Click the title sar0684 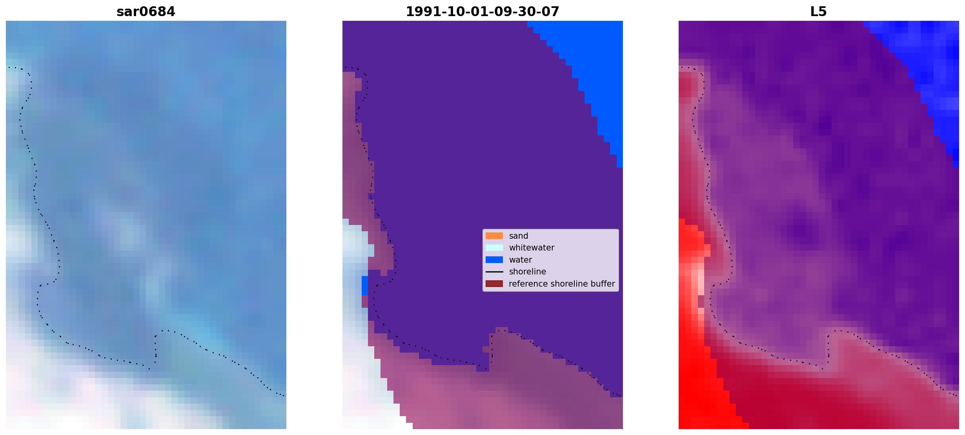pyautogui.click(x=146, y=12)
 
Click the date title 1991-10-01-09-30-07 pyautogui.click(x=482, y=12)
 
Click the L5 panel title pyautogui.click(x=819, y=12)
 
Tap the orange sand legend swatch pyautogui.click(x=494, y=236)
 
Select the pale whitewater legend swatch pyautogui.click(x=494, y=248)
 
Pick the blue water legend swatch pyautogui.click(x=494, y=260)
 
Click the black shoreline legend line pyautogui.click(x=494, y=272)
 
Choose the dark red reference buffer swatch pyautogui.click(x=494, y=284)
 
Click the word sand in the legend pyautogui.click(x=519, y=236)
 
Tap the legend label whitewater pyautogui.click(x=532, y=248)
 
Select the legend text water pyautogui.click(x=521, y=260)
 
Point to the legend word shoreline pyautogui.click(x=528, y=272)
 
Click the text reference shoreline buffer pyautogui.click(x=562, y=284)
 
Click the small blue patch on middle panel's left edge pyautogui.click(x=365, y=285)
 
